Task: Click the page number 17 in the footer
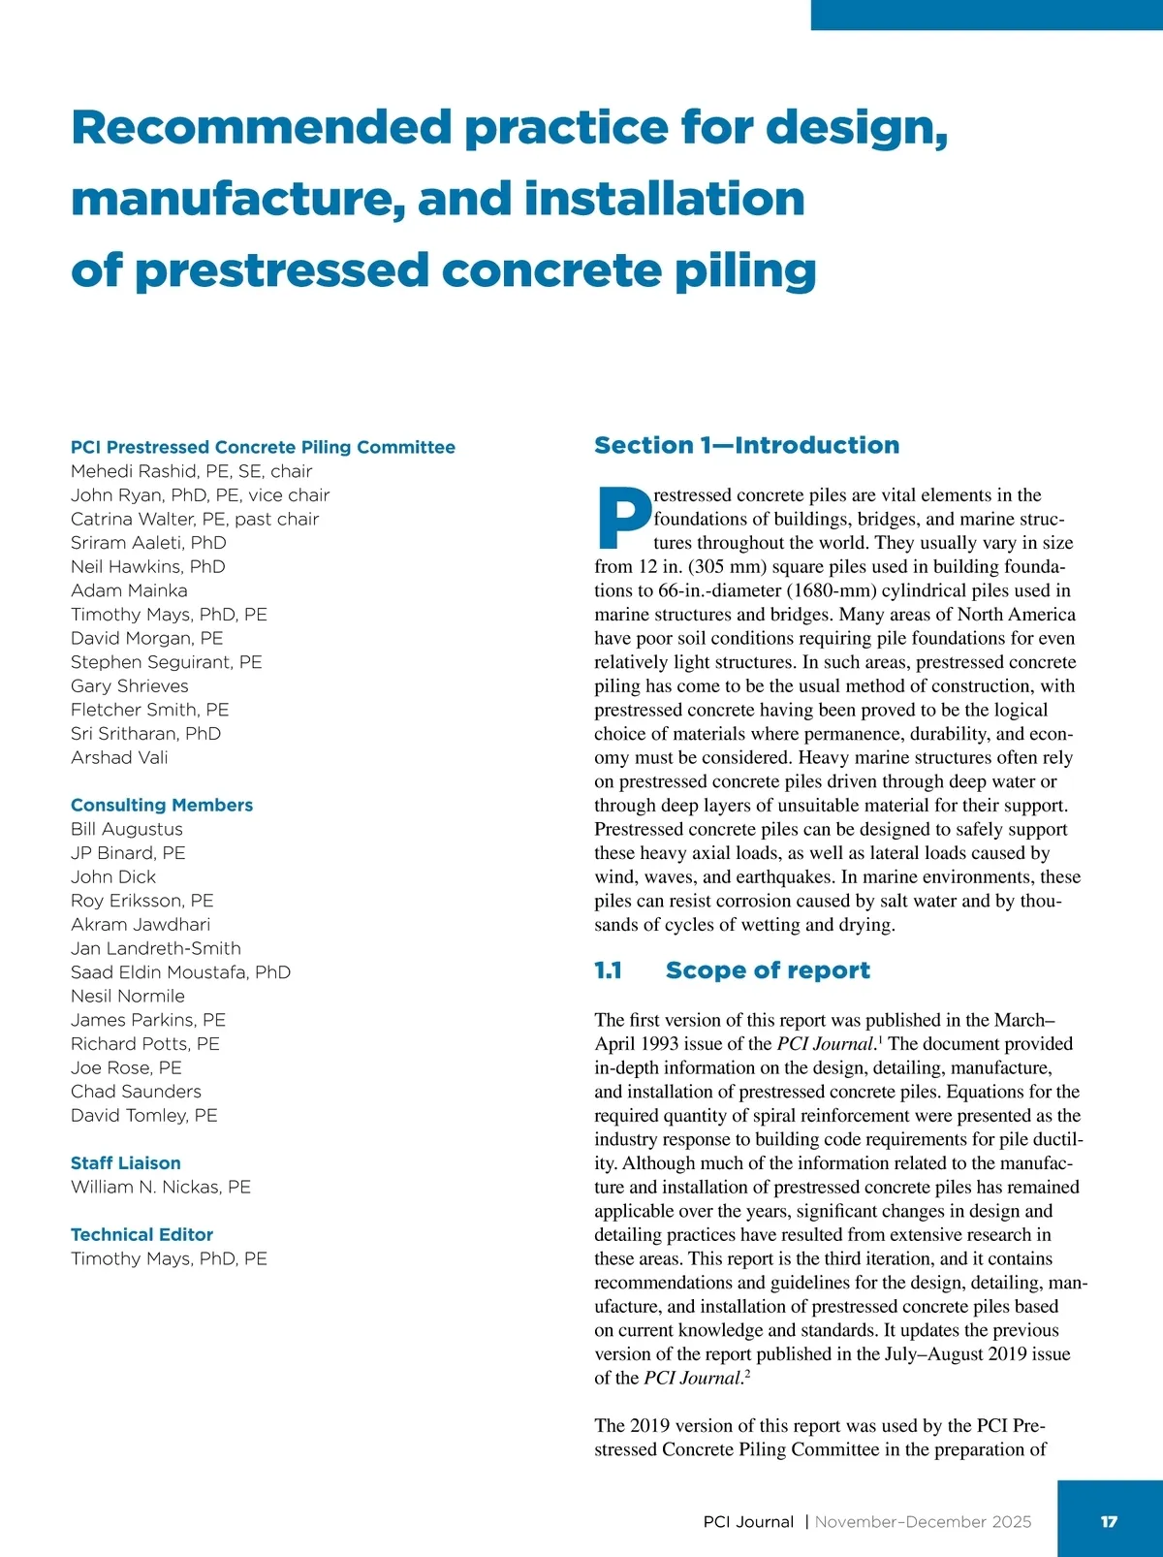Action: (x=1109, y=1521)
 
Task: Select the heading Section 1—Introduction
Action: (x=746, y=445)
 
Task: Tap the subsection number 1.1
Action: (x=608, y=970)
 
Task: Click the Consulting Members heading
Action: (x=162, y=805)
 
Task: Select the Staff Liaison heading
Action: (x=126, y=1162)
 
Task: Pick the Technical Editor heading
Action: (x=141, y=1234)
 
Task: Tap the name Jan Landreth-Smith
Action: (x=156, y=948)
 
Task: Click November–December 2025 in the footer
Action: (x=923, y=1522)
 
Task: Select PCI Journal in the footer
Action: (x=748, y=1522)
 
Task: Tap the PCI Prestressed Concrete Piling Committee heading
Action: (x=263, y=447)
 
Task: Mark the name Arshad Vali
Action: (x=119, y=757)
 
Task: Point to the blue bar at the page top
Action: (x=987, y=15)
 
